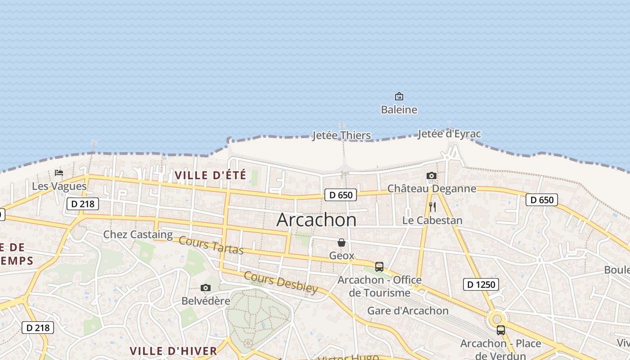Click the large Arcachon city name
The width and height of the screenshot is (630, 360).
(x=316, y=220)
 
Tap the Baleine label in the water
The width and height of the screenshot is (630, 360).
(x=399, y=110)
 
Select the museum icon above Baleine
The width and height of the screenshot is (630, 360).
(x=399, y=96)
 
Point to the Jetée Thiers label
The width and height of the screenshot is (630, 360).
(x=342, y=135)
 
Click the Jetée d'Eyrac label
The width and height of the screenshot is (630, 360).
(x=449, y=134)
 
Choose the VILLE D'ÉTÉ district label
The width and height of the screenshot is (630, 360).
(x=210, y=175)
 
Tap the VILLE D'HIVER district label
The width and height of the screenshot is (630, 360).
(x=173, y=351)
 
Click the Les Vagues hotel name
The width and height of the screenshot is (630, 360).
(x=59, y=186)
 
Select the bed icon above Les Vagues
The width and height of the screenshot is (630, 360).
(x=59, y=173)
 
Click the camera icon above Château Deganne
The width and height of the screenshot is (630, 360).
(x=432, y=175)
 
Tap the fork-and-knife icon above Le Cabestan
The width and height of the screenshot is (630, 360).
(x=432, y=207)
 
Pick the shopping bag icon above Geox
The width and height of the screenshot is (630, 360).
(x=342, y=243)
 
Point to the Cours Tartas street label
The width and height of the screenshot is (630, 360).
(x=211, y=245)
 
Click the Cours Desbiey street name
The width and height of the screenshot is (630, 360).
(x=281, y=282)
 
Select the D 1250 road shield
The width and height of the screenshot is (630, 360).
(x=481, y=284)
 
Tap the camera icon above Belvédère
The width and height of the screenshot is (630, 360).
(x=206, y=288)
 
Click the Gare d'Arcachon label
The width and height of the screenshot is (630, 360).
(x=408, y=310)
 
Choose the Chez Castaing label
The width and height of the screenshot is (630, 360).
(x=138, y=234)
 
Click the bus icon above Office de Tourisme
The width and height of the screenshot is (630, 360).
(x=379, y=267)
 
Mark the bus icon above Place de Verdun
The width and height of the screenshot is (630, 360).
(x=501, y=330)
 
